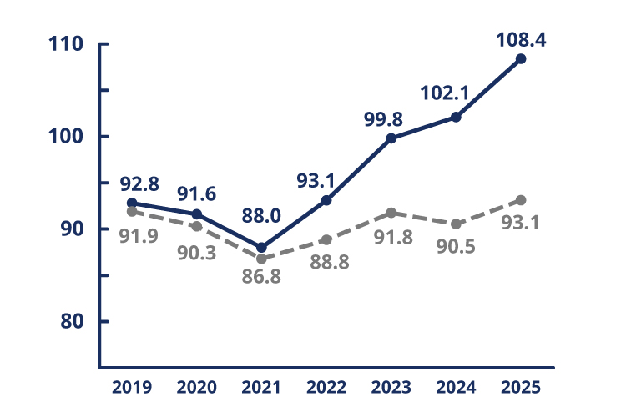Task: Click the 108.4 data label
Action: pyautogui.click(x=521, y=38)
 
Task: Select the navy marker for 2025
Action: pyautogui.click(x=521, y=58)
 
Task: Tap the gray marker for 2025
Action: pyautogui.click(x=521, y=200)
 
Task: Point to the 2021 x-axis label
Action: pyautogui.click(x=261, y=388)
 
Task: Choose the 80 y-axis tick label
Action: pyautogui.click(x=73, y=321)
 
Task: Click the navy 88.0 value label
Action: pyautogui.click(x=261, y=216)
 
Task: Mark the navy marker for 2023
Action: pyautogui.click(x=391, y=138)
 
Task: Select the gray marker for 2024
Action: pyautogui.click(x=456, y=224)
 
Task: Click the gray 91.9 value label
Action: pyautogui.click(x=132, y=236)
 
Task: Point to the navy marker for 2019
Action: pyautogui.click(x=132, y=203)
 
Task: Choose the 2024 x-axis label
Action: pyautogui.click(x=456, y=388)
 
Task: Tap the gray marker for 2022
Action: pyautogui.click(x=326, y=240)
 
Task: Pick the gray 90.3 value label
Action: pyautogui.click(x=198, y=252)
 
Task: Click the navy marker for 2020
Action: pyautogui.click(x=197, y=214)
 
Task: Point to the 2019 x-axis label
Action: pyautogui.click(x=132, y=388)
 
